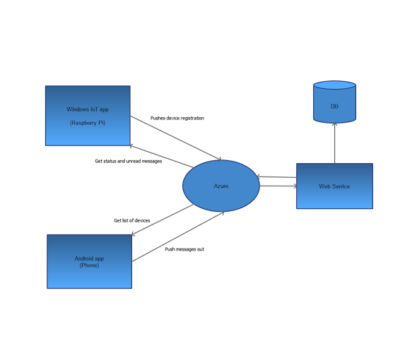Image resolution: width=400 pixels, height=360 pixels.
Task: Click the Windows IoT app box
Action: [x=88, y=131]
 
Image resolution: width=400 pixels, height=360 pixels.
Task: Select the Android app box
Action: [x=89, y=277]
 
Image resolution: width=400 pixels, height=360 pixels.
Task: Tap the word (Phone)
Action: [x=89, y=265]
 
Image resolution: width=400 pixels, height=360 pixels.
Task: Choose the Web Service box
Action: [x=334, y=198]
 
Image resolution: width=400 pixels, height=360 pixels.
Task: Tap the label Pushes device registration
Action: [x=177, y=118]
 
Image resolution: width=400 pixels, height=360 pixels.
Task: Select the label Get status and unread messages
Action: [x=129, y=161]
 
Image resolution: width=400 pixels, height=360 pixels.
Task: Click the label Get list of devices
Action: [x=132, y=220]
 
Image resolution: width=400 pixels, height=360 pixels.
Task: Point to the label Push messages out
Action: [x=185, y=249]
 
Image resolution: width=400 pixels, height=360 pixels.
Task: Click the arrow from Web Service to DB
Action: [x=334, y=145]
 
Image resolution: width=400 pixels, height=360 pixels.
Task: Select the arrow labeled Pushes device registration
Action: [x=177, y=138]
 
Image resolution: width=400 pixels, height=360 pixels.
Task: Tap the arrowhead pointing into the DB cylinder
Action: [x=334, y=127]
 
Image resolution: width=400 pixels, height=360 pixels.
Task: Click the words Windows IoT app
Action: [x=88, y=109]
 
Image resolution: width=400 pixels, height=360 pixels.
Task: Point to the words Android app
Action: [x=89, y=259]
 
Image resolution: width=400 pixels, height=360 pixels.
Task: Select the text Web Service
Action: [x=334, y=186]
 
